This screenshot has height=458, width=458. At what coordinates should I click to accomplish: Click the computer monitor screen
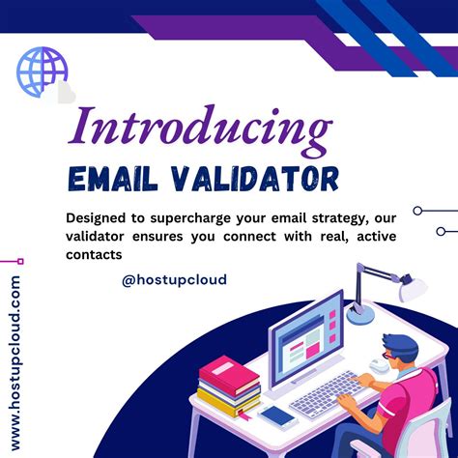click(x=305, y=329)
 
